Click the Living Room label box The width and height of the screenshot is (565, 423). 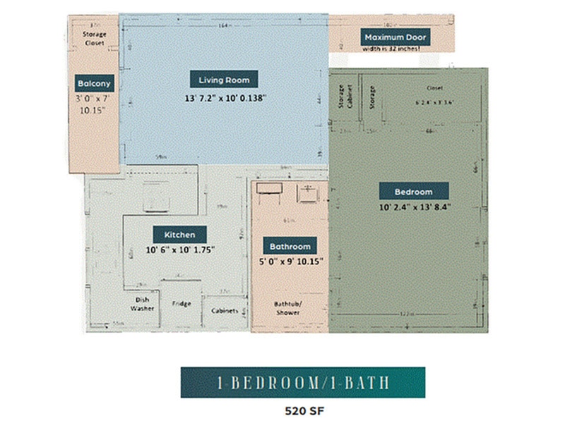(224, 80)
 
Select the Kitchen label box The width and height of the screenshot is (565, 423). (179, 234)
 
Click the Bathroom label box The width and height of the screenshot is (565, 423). (290, 246)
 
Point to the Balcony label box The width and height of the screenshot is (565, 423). (94, 84)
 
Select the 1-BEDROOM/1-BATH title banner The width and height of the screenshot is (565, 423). (302, 382)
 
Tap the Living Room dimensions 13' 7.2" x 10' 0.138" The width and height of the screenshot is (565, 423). (224, 99)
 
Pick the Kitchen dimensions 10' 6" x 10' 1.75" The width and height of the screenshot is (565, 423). (179, 250)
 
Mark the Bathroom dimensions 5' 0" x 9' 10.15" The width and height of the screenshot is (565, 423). (290, 262)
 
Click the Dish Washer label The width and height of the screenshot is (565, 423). (143, 304)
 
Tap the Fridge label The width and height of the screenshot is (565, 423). (182, 304)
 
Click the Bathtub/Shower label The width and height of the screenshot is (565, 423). (287, 308)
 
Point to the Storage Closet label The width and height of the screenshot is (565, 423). (94, 38)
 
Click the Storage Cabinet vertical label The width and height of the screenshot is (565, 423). (341, 98)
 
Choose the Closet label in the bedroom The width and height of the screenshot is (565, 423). (434, 88)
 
